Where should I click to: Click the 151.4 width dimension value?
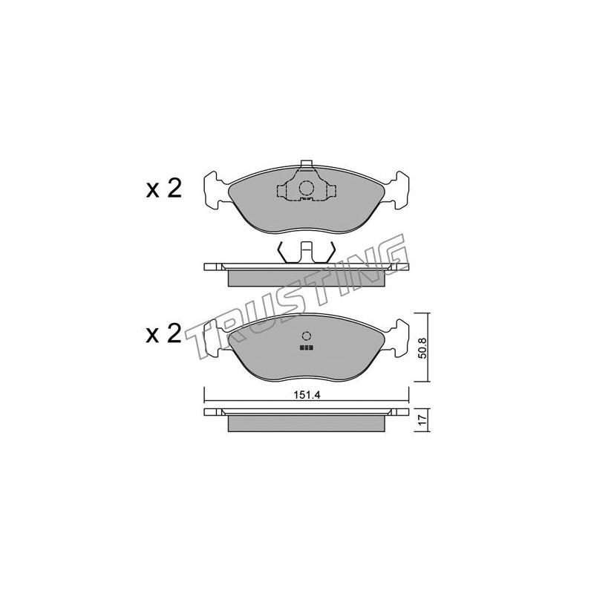pyautogui.click(x=307, y=395)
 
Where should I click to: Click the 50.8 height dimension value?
pyautogui.click(x=423, y=348)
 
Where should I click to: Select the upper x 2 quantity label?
pyautogui.click(x=164, y=189)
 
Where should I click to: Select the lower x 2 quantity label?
pyautogui.click(x=164, y=333)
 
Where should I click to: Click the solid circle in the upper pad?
pyautogui.click(x=305, y=189)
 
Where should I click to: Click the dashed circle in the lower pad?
pyautogui.click(x=306, y=336)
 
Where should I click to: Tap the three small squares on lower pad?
pyautogui.click(x=306, y=347)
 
